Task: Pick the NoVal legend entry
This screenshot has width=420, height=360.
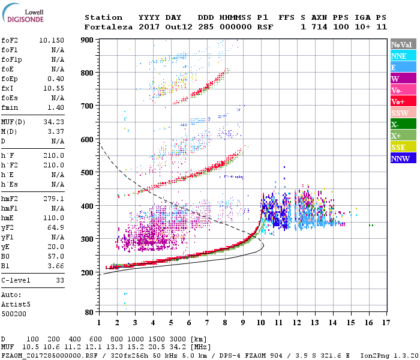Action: (402, 44)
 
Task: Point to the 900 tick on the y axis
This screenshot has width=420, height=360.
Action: (89, 40)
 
